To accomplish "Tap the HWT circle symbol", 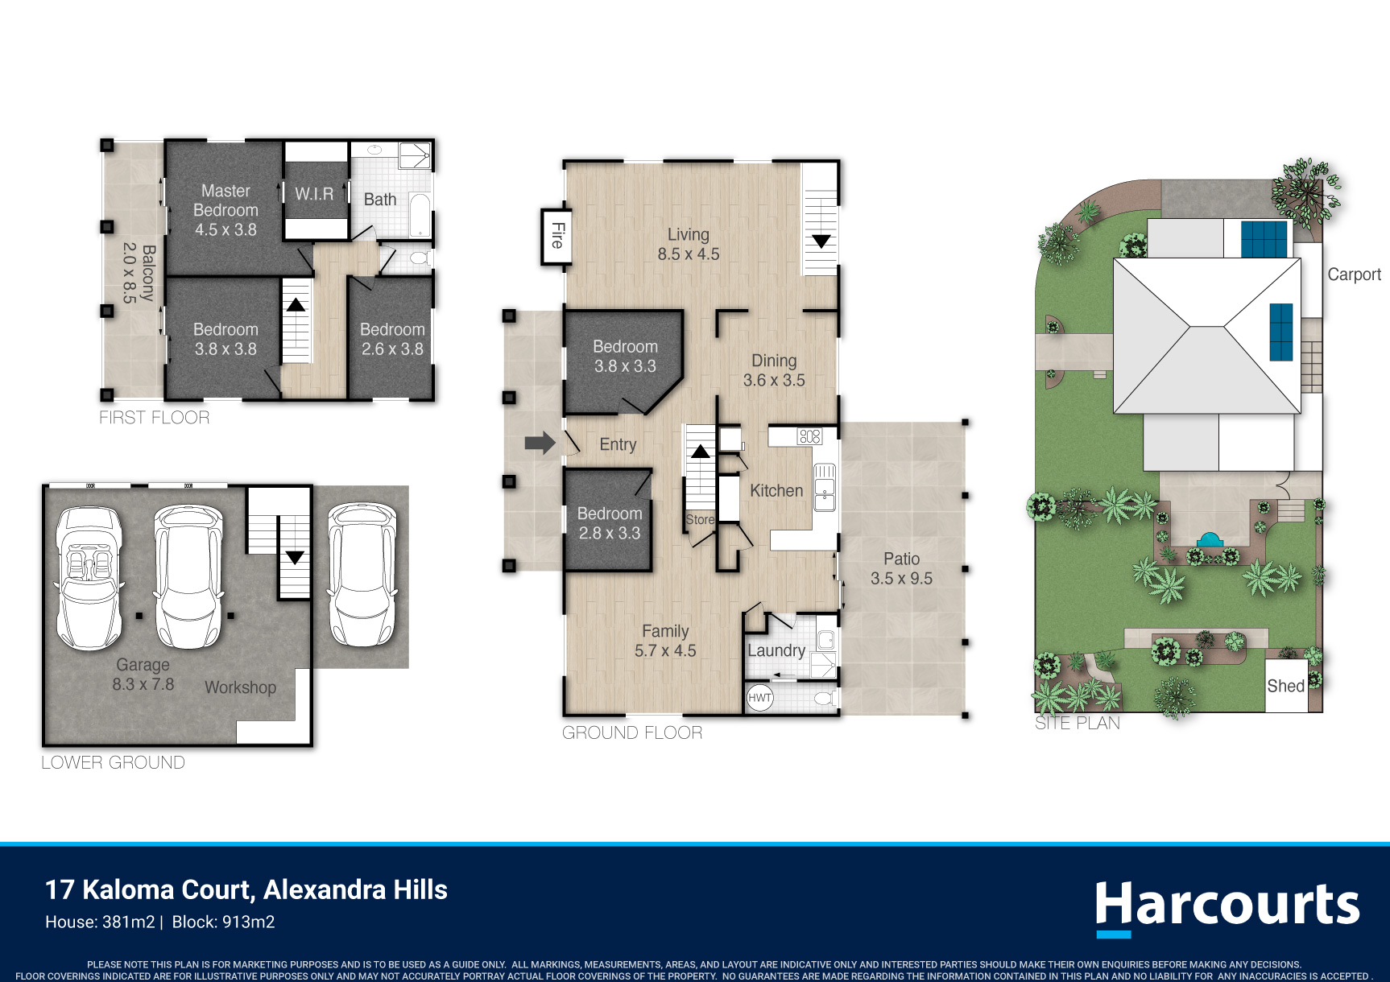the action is [x=759, y=698].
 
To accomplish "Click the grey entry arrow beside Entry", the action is [x=540, y=443].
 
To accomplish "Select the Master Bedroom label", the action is [x=225, y=210].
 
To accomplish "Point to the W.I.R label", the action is [x=314, y=194].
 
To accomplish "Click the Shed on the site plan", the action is [x=1286, y=686].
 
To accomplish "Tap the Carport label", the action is [x=1354, y=274].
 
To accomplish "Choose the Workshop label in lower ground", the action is [x=240, y=687].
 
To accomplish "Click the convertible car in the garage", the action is [x=89, y=577].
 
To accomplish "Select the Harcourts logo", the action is [x=1227, y=907].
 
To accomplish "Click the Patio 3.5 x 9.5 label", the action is [x=901, y=568].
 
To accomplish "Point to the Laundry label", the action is [x=776, y=650].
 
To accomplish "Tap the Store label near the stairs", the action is [x=700, y=520].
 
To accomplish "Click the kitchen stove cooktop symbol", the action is [x=809, y=436].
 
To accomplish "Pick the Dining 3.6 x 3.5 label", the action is [x=774, y=370].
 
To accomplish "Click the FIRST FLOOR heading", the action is [x=155, y=418].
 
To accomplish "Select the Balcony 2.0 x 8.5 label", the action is [x=138, y=273].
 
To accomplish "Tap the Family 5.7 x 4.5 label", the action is [x=665, y=641].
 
